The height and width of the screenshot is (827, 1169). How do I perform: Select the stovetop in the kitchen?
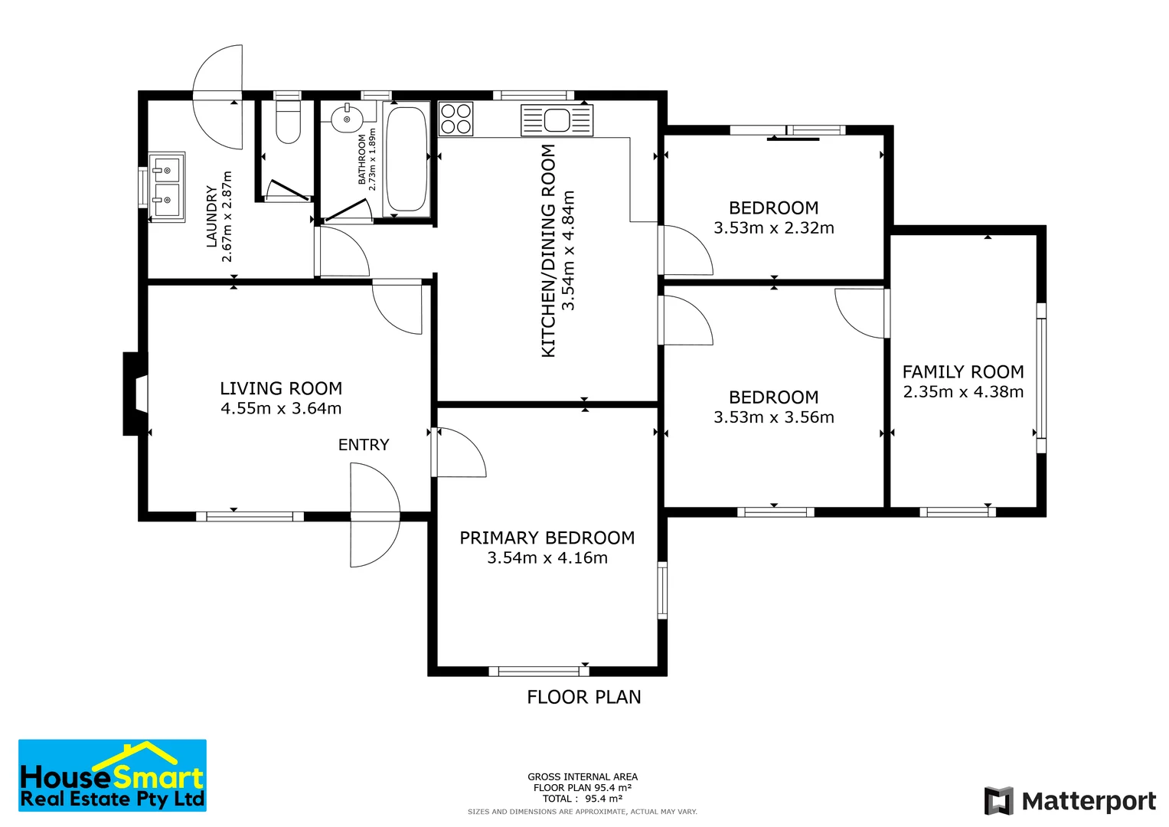pyautogui.click(x=456, y=119)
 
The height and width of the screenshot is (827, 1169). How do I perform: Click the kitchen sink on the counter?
pyautogui.click(x=557, y=120)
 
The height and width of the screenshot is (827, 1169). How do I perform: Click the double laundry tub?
pyautogui.click(x=166, y=187)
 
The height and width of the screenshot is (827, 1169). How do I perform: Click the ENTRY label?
pyautogui.click(x=364, y=445)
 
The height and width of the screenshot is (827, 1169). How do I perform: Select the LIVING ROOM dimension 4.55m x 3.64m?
pyautogui.click(x=281, y=409)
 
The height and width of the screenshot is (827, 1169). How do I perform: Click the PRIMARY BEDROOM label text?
pyautogui.click(x=547, y=538)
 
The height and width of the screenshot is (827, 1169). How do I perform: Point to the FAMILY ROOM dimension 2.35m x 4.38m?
pyautogui.click(x=963, y=392)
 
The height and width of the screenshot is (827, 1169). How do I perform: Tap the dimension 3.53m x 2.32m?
pyautogui.click(x=774, y=228)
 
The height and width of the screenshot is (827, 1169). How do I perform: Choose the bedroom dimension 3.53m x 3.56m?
pyautogui.click(x=774, y=417)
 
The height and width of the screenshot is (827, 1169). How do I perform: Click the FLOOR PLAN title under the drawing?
pyautogui.click(x=584, y=697)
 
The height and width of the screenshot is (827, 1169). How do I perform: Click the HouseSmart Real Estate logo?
pyautogui.click(x=113, y=776)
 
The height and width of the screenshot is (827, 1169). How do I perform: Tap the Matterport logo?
pyautogui.click(x=1070, y=801)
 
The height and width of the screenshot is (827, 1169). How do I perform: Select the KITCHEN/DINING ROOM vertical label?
pyautogui.click(x=548, y=250)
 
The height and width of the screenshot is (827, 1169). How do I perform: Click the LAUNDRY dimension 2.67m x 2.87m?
pyautogui.click(x=227, y=217)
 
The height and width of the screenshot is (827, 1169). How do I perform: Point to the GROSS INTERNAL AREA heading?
pyautogui.click(x=583, y=776)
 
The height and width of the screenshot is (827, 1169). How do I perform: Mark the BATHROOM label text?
pyautogui.click(x=362, y=159)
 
